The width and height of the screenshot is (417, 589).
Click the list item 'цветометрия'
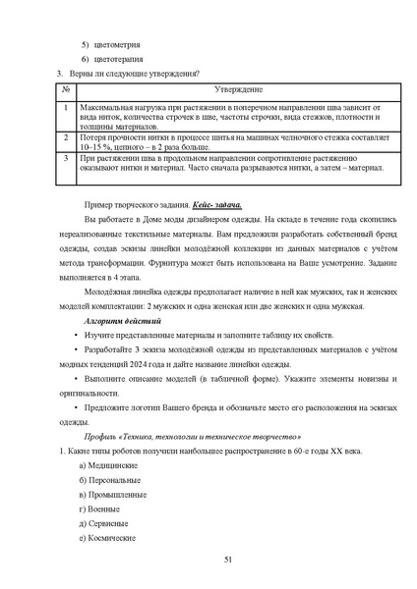(x=116, y=46)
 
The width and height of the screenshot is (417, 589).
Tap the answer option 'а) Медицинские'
(x=110, y=463)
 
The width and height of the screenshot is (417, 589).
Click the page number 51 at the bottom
(x=228, y=559)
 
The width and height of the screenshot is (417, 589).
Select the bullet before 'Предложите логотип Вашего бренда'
(x=76, y=406)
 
